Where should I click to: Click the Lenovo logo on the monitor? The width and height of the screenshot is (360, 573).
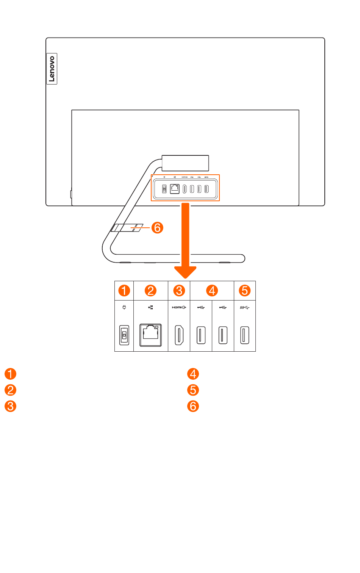click(52, 69)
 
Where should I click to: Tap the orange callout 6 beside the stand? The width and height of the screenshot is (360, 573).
click(157, 228)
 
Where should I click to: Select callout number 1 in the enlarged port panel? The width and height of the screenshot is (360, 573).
click(124, 291)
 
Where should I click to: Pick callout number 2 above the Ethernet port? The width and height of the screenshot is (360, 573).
click(150, 291)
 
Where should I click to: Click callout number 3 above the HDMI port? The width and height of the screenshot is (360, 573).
click(179, 291)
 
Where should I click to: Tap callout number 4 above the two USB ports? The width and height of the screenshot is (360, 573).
click(212, 291)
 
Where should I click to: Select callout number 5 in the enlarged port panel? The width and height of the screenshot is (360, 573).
click(244, 291)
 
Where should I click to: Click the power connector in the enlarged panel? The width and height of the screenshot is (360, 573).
click(124, 335)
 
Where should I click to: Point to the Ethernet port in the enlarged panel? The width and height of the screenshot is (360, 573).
click(150, 335)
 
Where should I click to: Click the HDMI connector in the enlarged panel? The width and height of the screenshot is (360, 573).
click(179, 335)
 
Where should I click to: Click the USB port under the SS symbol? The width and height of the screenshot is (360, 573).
click(244, 335)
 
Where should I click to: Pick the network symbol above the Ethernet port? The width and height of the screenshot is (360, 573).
click(150, 307)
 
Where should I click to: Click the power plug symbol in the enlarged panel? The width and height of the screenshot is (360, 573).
click(124, 307)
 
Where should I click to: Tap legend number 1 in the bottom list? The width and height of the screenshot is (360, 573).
click(11, 374)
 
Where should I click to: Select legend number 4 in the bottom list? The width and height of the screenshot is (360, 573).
click(193, 374)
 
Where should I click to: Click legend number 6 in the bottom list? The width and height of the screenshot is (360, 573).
click(193, 406)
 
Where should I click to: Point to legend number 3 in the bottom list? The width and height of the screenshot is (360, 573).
click(11, 406)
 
